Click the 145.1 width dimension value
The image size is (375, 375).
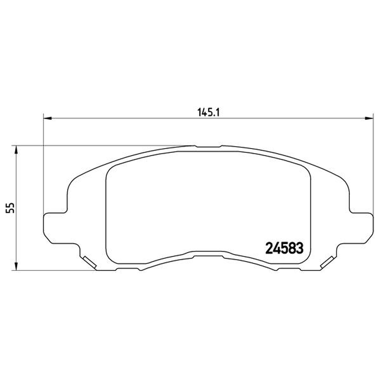tap(208, 112)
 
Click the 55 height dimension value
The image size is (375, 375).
tap(10, 208)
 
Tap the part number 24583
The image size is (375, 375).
tap(285, 248)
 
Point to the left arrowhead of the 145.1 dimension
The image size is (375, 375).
tap(48, 118)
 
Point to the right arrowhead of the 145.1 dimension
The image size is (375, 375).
tap(369, 118)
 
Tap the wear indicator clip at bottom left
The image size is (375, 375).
tap(90, 262)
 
